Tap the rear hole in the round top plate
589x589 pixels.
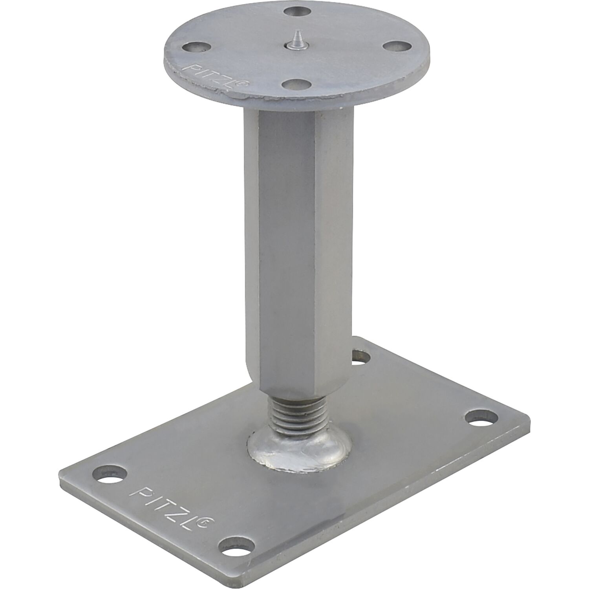[x=295, y=13]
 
